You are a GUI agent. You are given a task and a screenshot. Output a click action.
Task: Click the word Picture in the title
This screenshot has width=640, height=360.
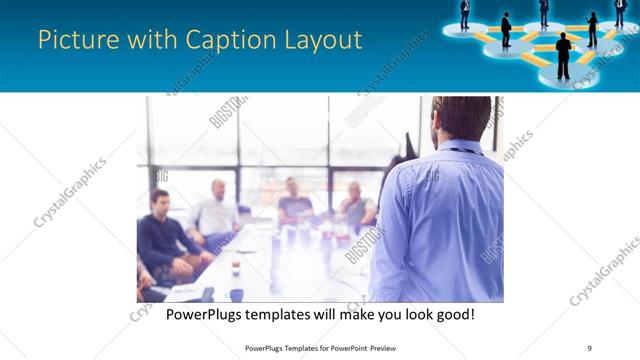click(72, 41)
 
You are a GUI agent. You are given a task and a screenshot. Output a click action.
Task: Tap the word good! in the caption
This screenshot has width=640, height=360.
click(451, 314)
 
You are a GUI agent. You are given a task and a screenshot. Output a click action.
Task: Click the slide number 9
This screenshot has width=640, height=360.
click(589, 348)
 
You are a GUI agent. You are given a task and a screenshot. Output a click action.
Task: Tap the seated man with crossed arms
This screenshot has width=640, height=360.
click(355, 206)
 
